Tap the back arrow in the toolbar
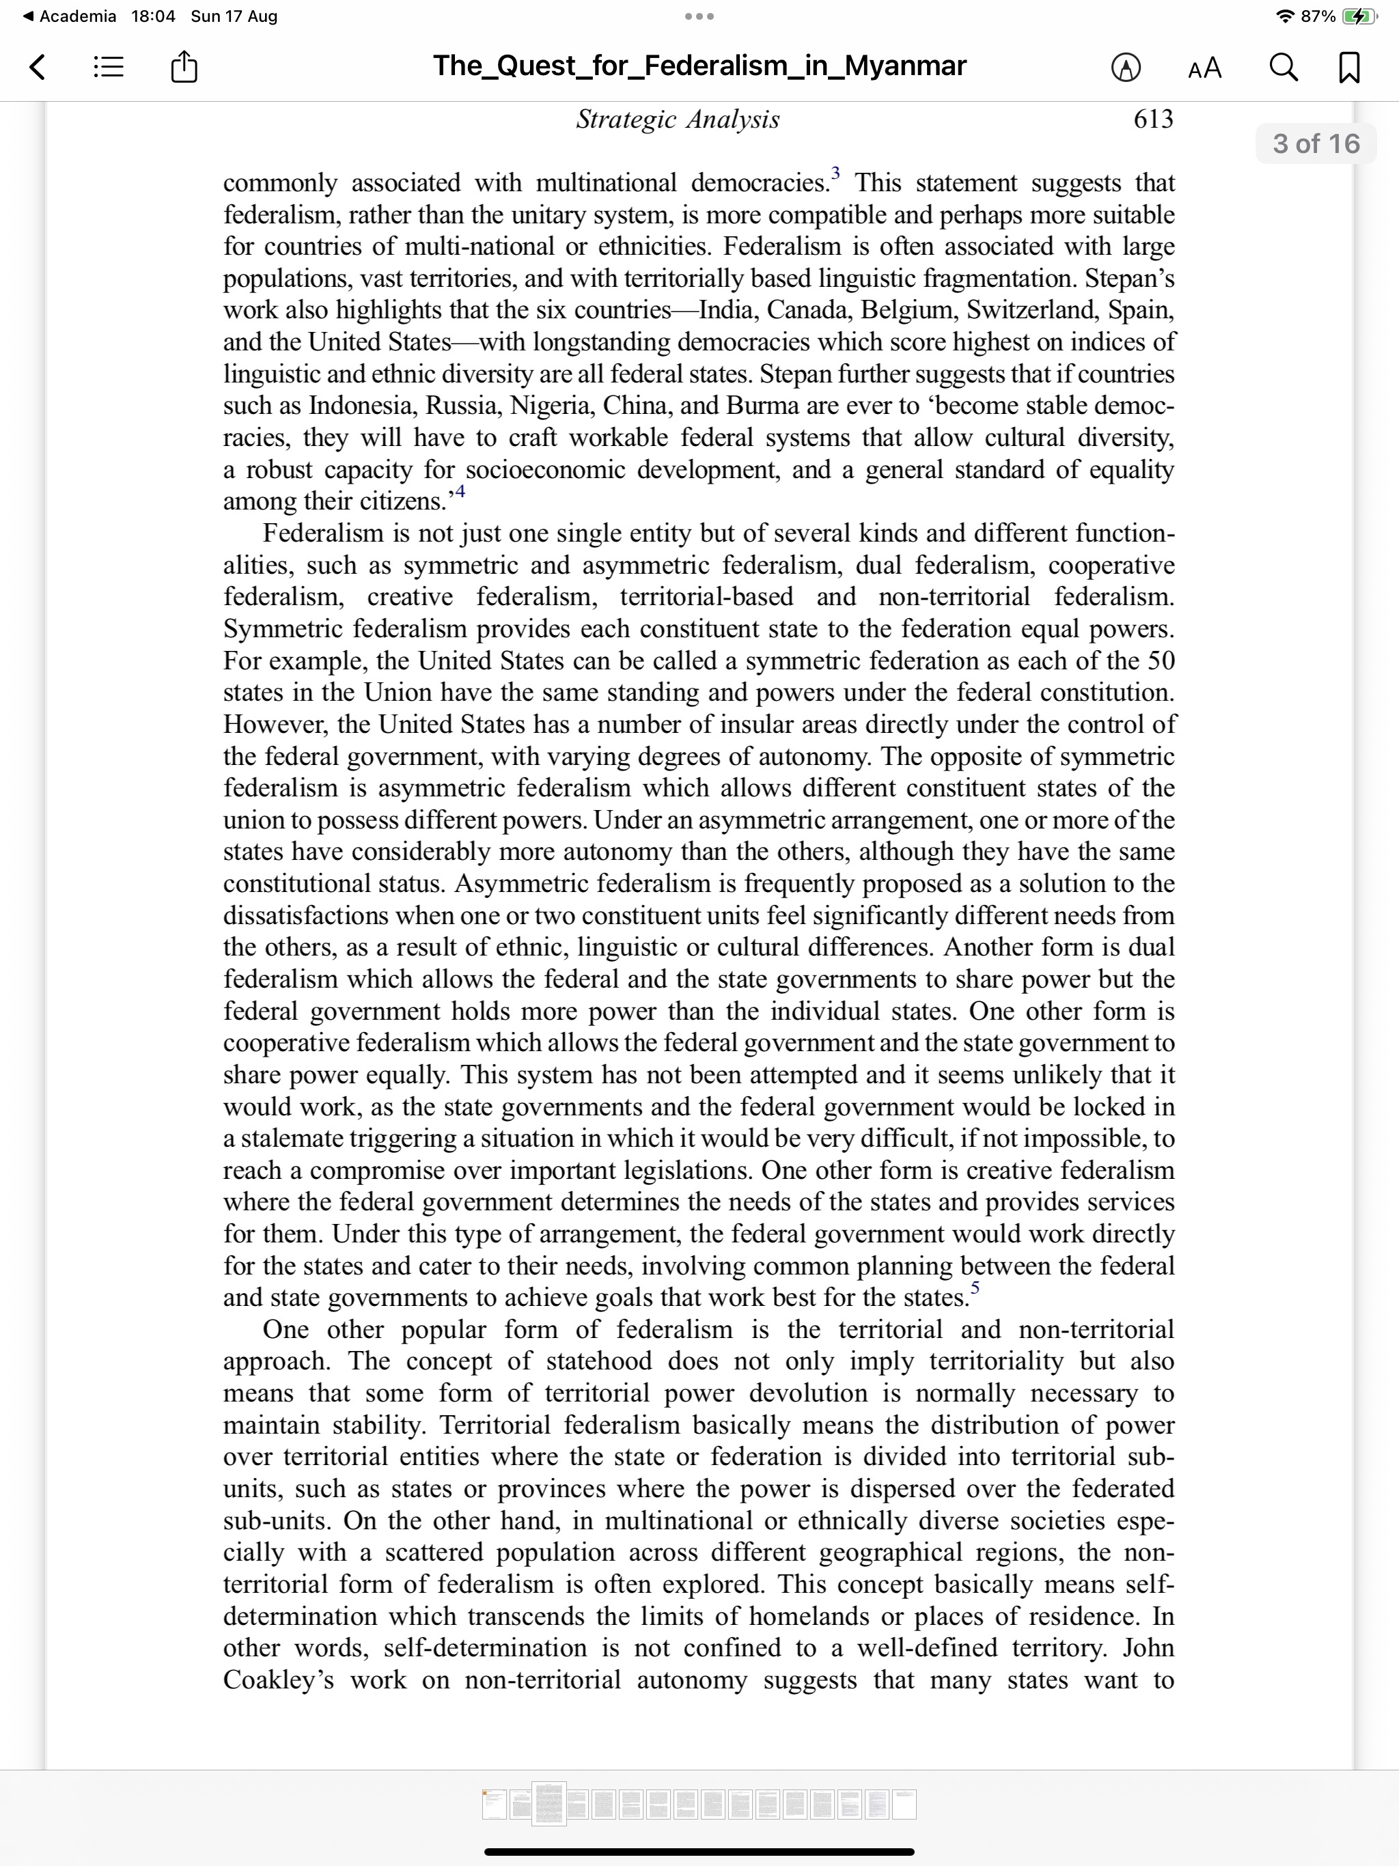(37, 67)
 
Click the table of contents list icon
(108, 67)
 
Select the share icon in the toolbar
(184, 67)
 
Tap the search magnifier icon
(1284, 67)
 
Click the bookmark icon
(1349, 67)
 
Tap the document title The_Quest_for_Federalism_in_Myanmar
(699, 66)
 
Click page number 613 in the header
(1152, 119)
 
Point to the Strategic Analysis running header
(678, 120)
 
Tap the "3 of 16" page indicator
(1316, 143)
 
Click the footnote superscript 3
(835, 173)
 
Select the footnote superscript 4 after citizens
(459, 491)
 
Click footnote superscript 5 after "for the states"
(975, 1287)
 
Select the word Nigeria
(549, 406)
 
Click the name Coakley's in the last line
(277, 1680)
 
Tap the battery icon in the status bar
(1359, 16)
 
